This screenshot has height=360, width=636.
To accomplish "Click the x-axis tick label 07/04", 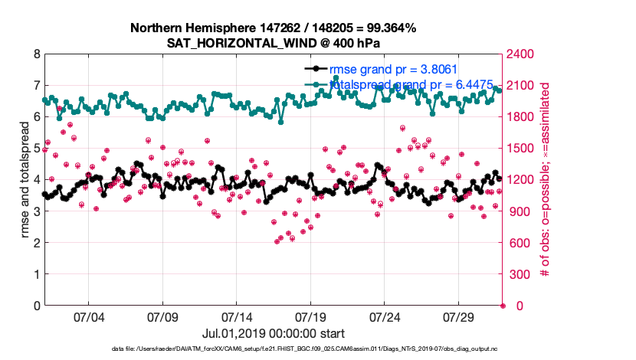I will click(88, 317).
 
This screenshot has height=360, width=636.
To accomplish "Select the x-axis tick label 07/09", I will click(162, 317).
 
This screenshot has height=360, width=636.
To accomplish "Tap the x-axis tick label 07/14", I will click(237, 317).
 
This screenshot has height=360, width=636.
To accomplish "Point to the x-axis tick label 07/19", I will click(311, 317).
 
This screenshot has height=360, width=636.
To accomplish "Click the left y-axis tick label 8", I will click(38, 54).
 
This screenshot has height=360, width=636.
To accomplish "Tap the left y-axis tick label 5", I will click(38, 149).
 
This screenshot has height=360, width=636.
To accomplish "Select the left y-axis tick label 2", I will click(38, 243).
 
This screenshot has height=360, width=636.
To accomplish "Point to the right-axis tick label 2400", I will click(522, 54).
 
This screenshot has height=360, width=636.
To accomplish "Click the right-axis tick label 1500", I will click(522, 149).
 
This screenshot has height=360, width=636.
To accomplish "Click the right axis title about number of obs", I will click(546, 180).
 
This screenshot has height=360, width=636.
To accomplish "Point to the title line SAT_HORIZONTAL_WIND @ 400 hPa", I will click(273, 43).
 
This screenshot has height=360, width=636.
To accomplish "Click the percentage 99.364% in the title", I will click(389, 28).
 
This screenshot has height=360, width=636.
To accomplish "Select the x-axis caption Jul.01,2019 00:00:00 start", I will click(273, 333).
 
